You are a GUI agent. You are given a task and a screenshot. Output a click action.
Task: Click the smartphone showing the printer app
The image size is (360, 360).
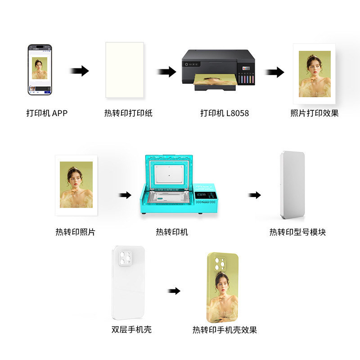coord(40,69)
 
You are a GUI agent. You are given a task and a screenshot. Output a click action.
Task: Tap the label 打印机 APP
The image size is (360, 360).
coord(47,113)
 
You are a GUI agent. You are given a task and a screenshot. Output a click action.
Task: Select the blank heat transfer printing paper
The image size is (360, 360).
coord(125,70)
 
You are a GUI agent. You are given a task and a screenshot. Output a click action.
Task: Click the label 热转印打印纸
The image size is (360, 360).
coord(128,113)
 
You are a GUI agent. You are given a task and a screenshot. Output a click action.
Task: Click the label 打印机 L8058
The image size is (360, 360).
coord(225,113)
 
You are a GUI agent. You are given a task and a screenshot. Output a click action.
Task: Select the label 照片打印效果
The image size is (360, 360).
coord(315,113)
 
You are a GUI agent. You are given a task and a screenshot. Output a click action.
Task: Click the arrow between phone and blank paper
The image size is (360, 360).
coord(79,71)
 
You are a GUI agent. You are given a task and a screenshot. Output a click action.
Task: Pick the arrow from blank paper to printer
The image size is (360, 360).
coord(166,72)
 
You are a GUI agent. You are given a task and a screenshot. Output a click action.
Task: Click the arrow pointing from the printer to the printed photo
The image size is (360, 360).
coord(274,72)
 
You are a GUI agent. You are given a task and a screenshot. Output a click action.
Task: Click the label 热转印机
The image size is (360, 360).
coord(172,232)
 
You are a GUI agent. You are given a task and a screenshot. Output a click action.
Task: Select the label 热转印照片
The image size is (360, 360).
coord(76,232)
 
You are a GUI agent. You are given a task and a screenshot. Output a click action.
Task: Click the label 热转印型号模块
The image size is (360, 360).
coord(297,232)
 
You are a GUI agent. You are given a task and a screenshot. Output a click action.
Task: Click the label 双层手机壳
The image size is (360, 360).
coord(131,330)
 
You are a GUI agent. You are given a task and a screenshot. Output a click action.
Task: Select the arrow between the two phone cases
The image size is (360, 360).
coord(174,291)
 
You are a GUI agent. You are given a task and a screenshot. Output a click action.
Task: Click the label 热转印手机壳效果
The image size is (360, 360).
coord(225,330)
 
